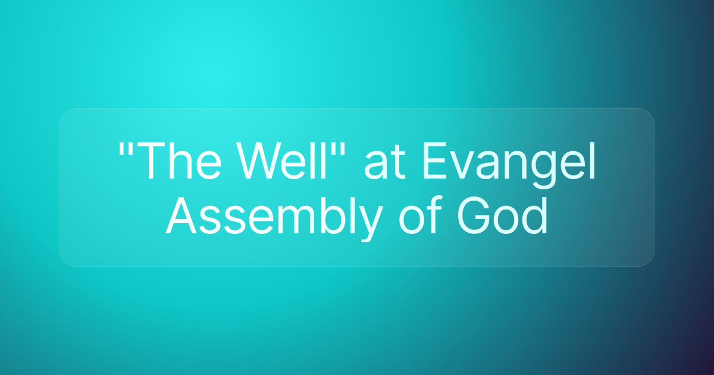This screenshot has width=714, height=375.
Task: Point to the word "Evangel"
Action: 509,164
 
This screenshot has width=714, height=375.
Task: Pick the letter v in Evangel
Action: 466,167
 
